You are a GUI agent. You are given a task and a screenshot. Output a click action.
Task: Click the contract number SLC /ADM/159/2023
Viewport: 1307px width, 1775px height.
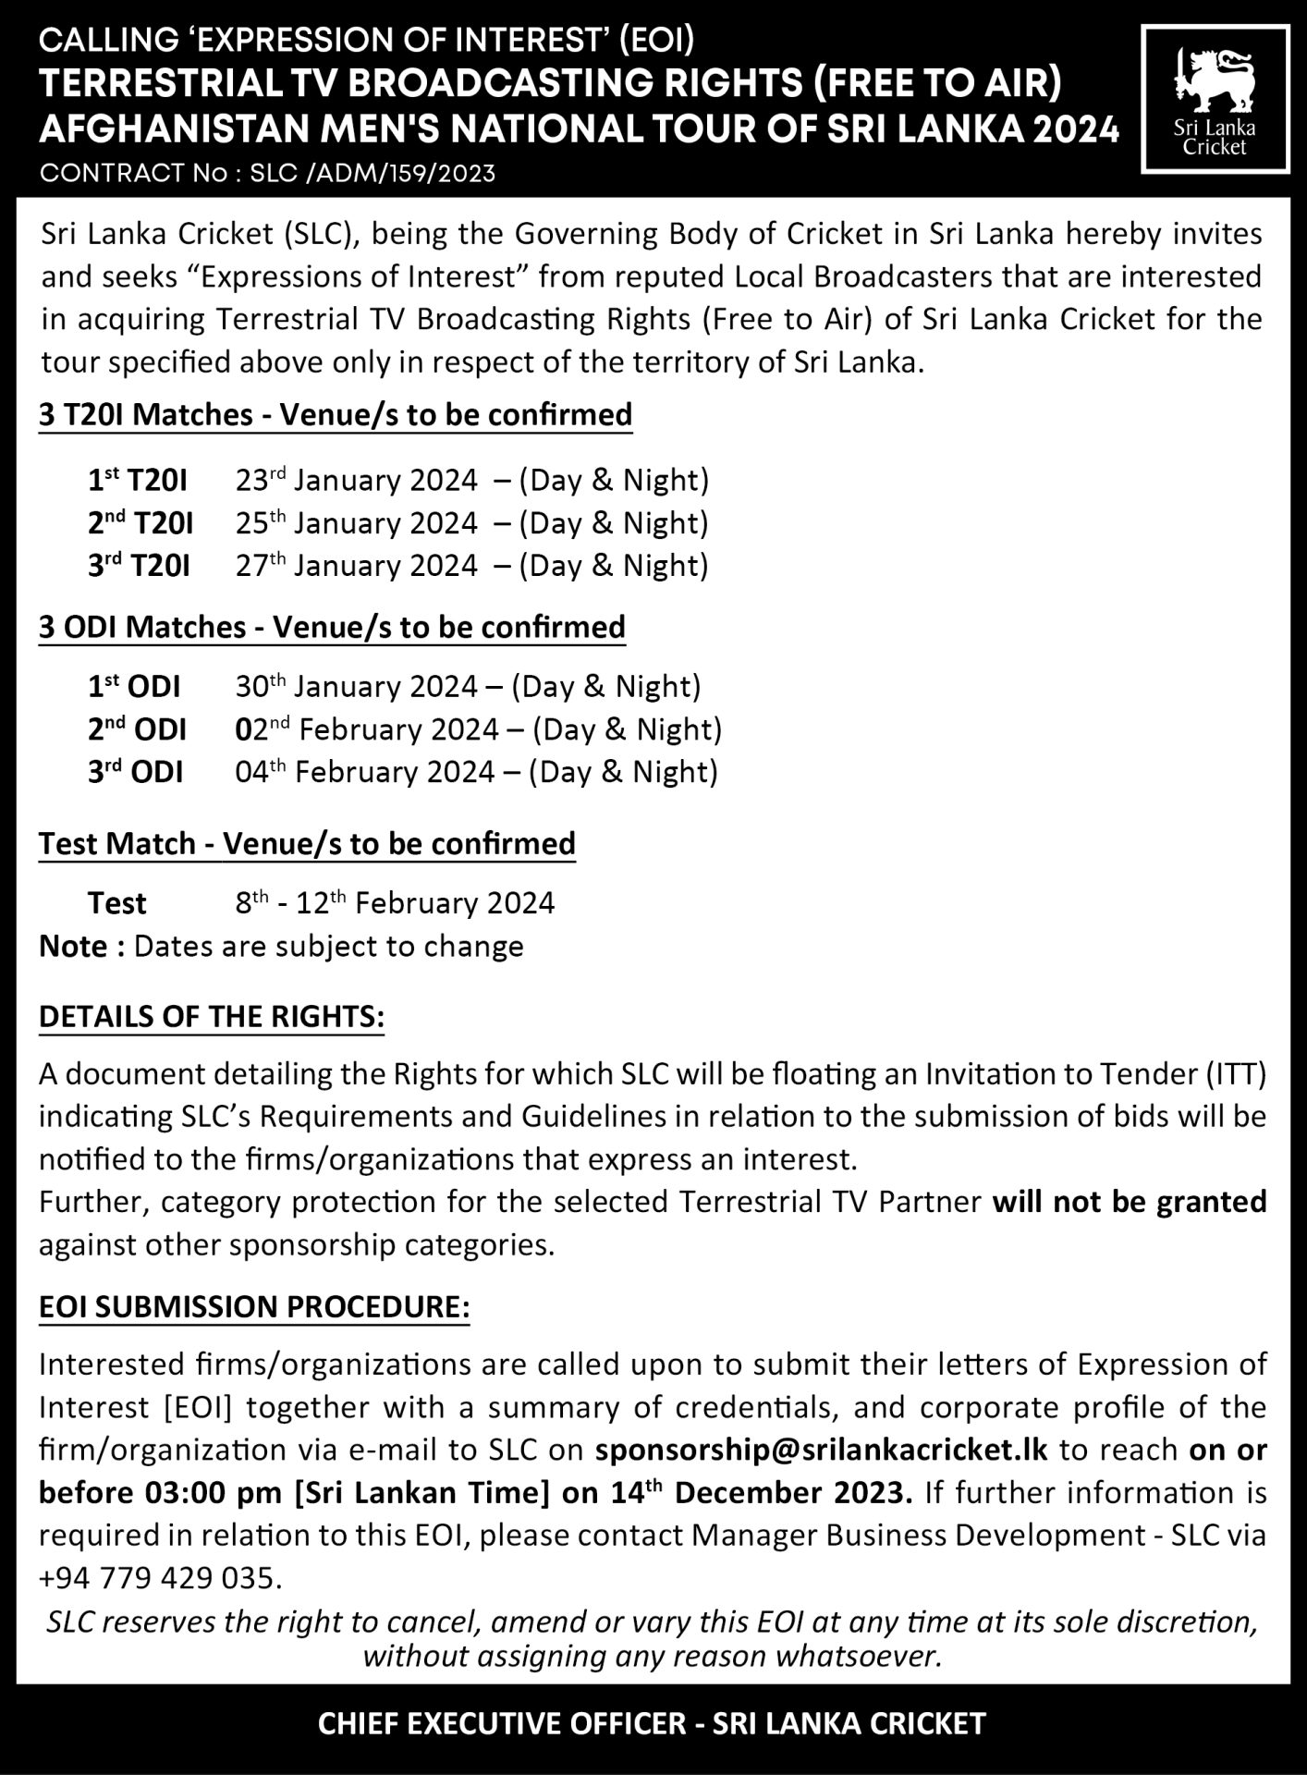372,174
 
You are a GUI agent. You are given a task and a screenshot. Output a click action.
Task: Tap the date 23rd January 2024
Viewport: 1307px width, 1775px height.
356,481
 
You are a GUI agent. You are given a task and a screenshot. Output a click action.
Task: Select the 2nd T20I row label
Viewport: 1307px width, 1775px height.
140,523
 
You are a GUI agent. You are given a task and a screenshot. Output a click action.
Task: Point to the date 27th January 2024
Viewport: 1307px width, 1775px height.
356,566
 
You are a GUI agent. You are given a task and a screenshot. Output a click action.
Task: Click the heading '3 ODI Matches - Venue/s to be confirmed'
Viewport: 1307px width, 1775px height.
332,627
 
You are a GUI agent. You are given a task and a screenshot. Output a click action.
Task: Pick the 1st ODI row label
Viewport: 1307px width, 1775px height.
134,687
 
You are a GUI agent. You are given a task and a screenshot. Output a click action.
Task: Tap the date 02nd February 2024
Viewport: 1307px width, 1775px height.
366,729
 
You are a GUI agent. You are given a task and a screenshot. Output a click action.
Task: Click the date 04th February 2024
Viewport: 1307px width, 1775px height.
364,772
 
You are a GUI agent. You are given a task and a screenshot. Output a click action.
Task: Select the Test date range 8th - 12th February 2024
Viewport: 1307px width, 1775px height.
395,902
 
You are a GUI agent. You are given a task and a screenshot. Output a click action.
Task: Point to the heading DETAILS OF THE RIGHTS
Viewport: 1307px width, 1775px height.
211,1017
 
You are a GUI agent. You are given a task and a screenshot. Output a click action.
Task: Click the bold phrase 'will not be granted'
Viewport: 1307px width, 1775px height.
1129,1202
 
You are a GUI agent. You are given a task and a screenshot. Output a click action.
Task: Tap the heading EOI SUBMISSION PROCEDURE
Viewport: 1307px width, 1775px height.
254,1307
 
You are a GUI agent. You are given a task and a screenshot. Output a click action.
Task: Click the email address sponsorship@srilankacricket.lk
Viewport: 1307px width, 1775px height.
822,1449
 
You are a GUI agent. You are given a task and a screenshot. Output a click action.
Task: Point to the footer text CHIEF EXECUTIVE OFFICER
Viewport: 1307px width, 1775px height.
501,1724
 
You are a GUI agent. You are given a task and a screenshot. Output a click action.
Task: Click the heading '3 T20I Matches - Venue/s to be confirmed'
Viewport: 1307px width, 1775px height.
336,414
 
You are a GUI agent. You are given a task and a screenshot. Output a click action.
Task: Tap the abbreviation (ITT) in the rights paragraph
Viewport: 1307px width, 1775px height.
1235,1074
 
